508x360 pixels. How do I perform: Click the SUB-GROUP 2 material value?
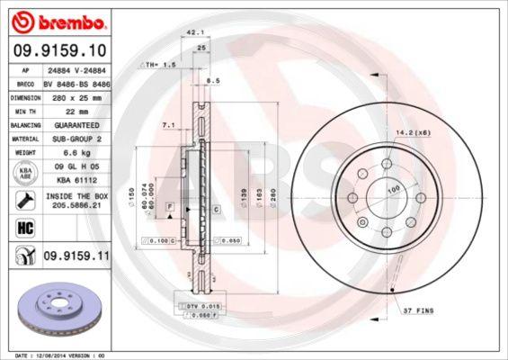pos(75,139)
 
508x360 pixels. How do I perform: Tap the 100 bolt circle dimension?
pos(392,190)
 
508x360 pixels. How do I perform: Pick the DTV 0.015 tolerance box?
pos(203,308)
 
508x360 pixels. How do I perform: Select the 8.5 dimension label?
pos(213,81)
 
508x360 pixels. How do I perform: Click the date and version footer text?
pos(56,356)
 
